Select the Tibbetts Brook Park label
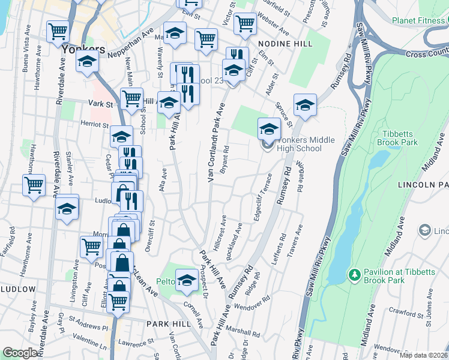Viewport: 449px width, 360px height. tap(397, 138)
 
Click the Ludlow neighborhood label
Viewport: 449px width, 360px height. tap(18, 289)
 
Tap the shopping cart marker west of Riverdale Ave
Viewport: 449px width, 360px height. tap(34, 185)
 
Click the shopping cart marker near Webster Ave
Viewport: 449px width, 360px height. tap(245, 23)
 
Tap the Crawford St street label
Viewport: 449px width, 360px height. tap(410, 313)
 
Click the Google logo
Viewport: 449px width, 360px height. tap(19, 353)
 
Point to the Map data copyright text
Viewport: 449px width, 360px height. tap(423, 355)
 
